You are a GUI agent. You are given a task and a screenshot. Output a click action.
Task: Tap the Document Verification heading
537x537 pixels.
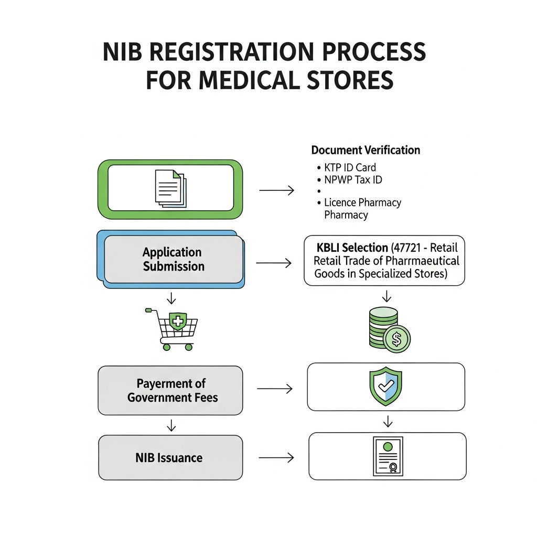click(x=366, y=150)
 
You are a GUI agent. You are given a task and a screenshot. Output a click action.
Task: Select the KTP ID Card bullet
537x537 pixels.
click(x=346, y=167)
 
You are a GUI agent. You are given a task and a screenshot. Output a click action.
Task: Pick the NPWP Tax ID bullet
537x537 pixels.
click(x=349, y=180)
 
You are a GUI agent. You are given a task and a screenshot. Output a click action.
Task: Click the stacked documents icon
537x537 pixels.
click(x=170, y=188)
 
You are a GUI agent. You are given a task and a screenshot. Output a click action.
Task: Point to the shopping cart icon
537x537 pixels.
click(x=171, y=329)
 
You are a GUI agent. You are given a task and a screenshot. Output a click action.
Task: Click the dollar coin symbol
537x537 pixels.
click(x=396, y=339)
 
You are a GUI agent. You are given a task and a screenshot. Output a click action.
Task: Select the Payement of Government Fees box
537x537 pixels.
click(x=170, y=390)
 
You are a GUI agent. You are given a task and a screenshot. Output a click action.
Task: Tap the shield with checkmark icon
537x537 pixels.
click(x=385, y=386)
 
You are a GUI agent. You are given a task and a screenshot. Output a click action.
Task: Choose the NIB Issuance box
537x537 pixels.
click(x=170, y=457)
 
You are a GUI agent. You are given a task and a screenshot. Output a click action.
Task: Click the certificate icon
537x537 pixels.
click(x=388, y=456)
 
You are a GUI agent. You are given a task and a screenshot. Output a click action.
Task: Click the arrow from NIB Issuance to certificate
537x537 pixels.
click(x=276, y=457)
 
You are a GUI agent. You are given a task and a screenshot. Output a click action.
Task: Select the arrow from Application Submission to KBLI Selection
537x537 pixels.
click(x=274, y=263)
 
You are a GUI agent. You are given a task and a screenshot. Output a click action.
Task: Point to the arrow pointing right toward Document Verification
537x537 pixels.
click(x=277, y=190)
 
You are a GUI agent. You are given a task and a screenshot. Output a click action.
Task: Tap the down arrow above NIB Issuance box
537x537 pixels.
click(x=171, y=425)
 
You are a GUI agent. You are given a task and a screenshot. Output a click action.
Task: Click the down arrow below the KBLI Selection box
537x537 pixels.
click(x=386, y=296)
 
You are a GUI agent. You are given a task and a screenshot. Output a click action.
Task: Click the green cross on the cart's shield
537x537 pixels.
click(x=178, y=321)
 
